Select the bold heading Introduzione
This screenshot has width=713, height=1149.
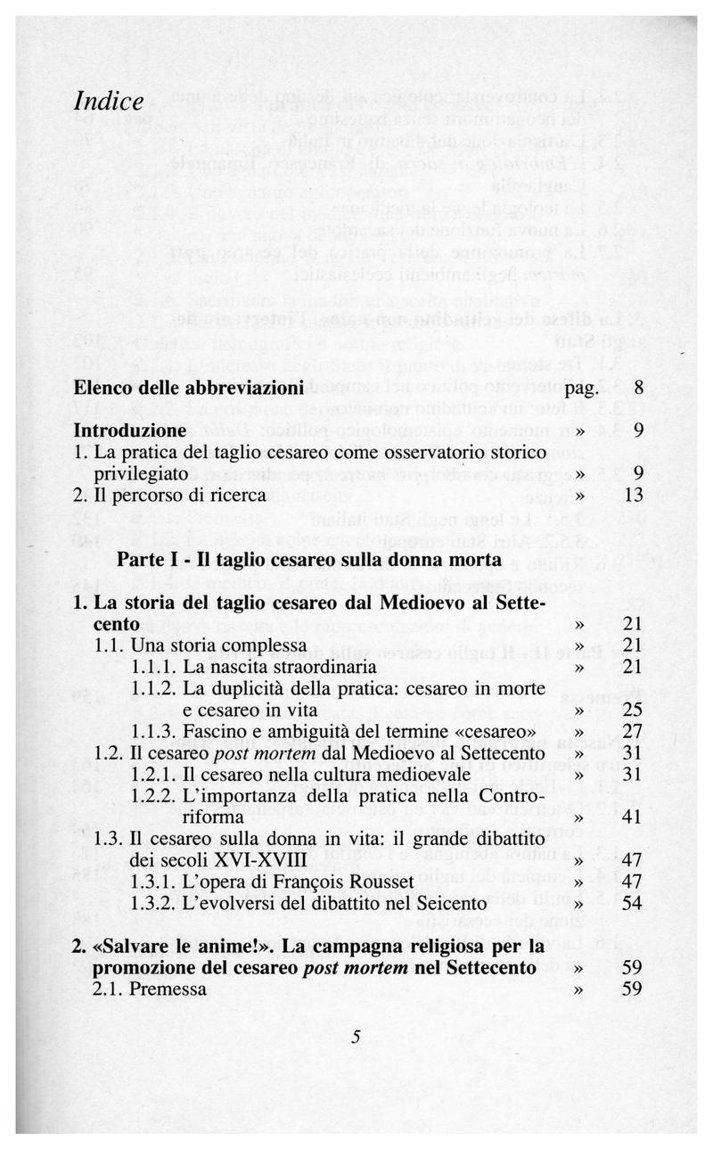pos(130,431)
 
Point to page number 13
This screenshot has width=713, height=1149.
pos(634,495)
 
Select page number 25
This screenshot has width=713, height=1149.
pos(633,709)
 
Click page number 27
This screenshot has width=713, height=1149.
pos(633,730)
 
